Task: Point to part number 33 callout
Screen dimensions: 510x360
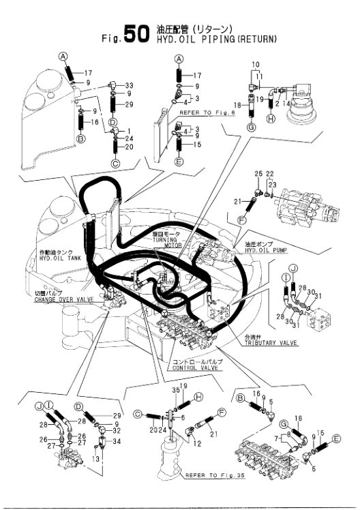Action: (130, 85)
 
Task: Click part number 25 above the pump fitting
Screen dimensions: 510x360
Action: (258, 175)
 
